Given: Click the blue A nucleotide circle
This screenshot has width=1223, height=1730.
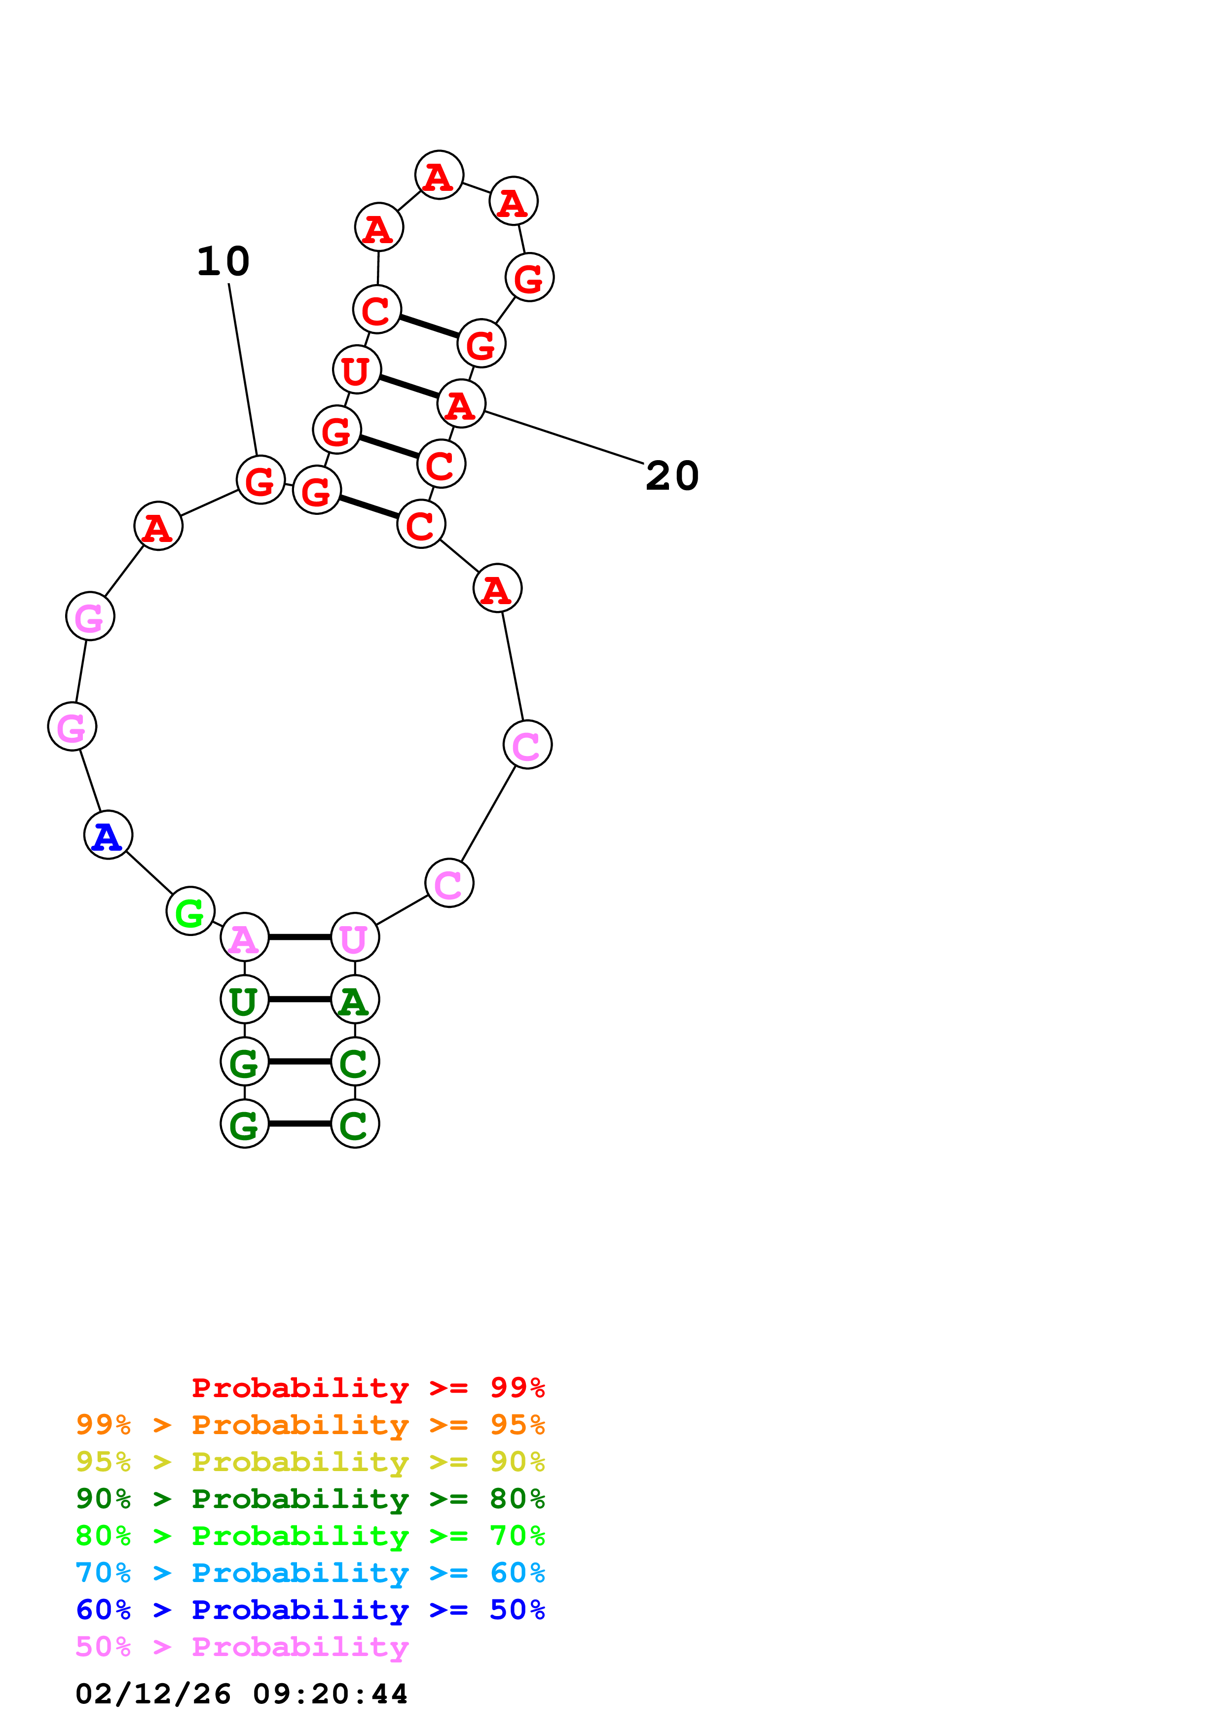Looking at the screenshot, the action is [x=108, y=835].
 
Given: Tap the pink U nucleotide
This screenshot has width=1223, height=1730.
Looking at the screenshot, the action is [x=354, y=937].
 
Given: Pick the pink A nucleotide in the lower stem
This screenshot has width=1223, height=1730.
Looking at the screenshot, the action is [x=244, y=937].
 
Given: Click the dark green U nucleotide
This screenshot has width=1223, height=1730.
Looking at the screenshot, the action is [x=244, y=1000].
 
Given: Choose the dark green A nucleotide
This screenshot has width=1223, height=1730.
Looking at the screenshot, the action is [x=354, y=1000].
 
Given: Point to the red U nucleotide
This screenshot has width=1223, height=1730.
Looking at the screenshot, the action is [x=356, y=369].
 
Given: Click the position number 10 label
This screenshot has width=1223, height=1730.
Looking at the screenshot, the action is [x=223, y=261].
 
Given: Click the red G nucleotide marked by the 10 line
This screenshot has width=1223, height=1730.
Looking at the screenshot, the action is [x=260, y=480].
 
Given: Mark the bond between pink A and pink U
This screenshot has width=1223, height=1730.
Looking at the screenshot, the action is [x=299, y=937].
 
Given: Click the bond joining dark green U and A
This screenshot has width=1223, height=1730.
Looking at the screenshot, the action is [x=299, y=1000].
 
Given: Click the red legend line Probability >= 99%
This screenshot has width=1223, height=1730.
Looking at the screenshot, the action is [x=368, y=1388].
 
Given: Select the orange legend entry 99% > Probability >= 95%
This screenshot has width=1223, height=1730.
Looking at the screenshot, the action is [x=310, y=1425].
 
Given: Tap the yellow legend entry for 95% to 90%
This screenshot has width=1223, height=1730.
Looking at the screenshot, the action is [x=310, y=1462].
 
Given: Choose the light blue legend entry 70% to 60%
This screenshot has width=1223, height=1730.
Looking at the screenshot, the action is [x=310, y=1573].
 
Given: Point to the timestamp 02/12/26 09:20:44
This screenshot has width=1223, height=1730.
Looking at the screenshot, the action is [x=242, y=1694].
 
